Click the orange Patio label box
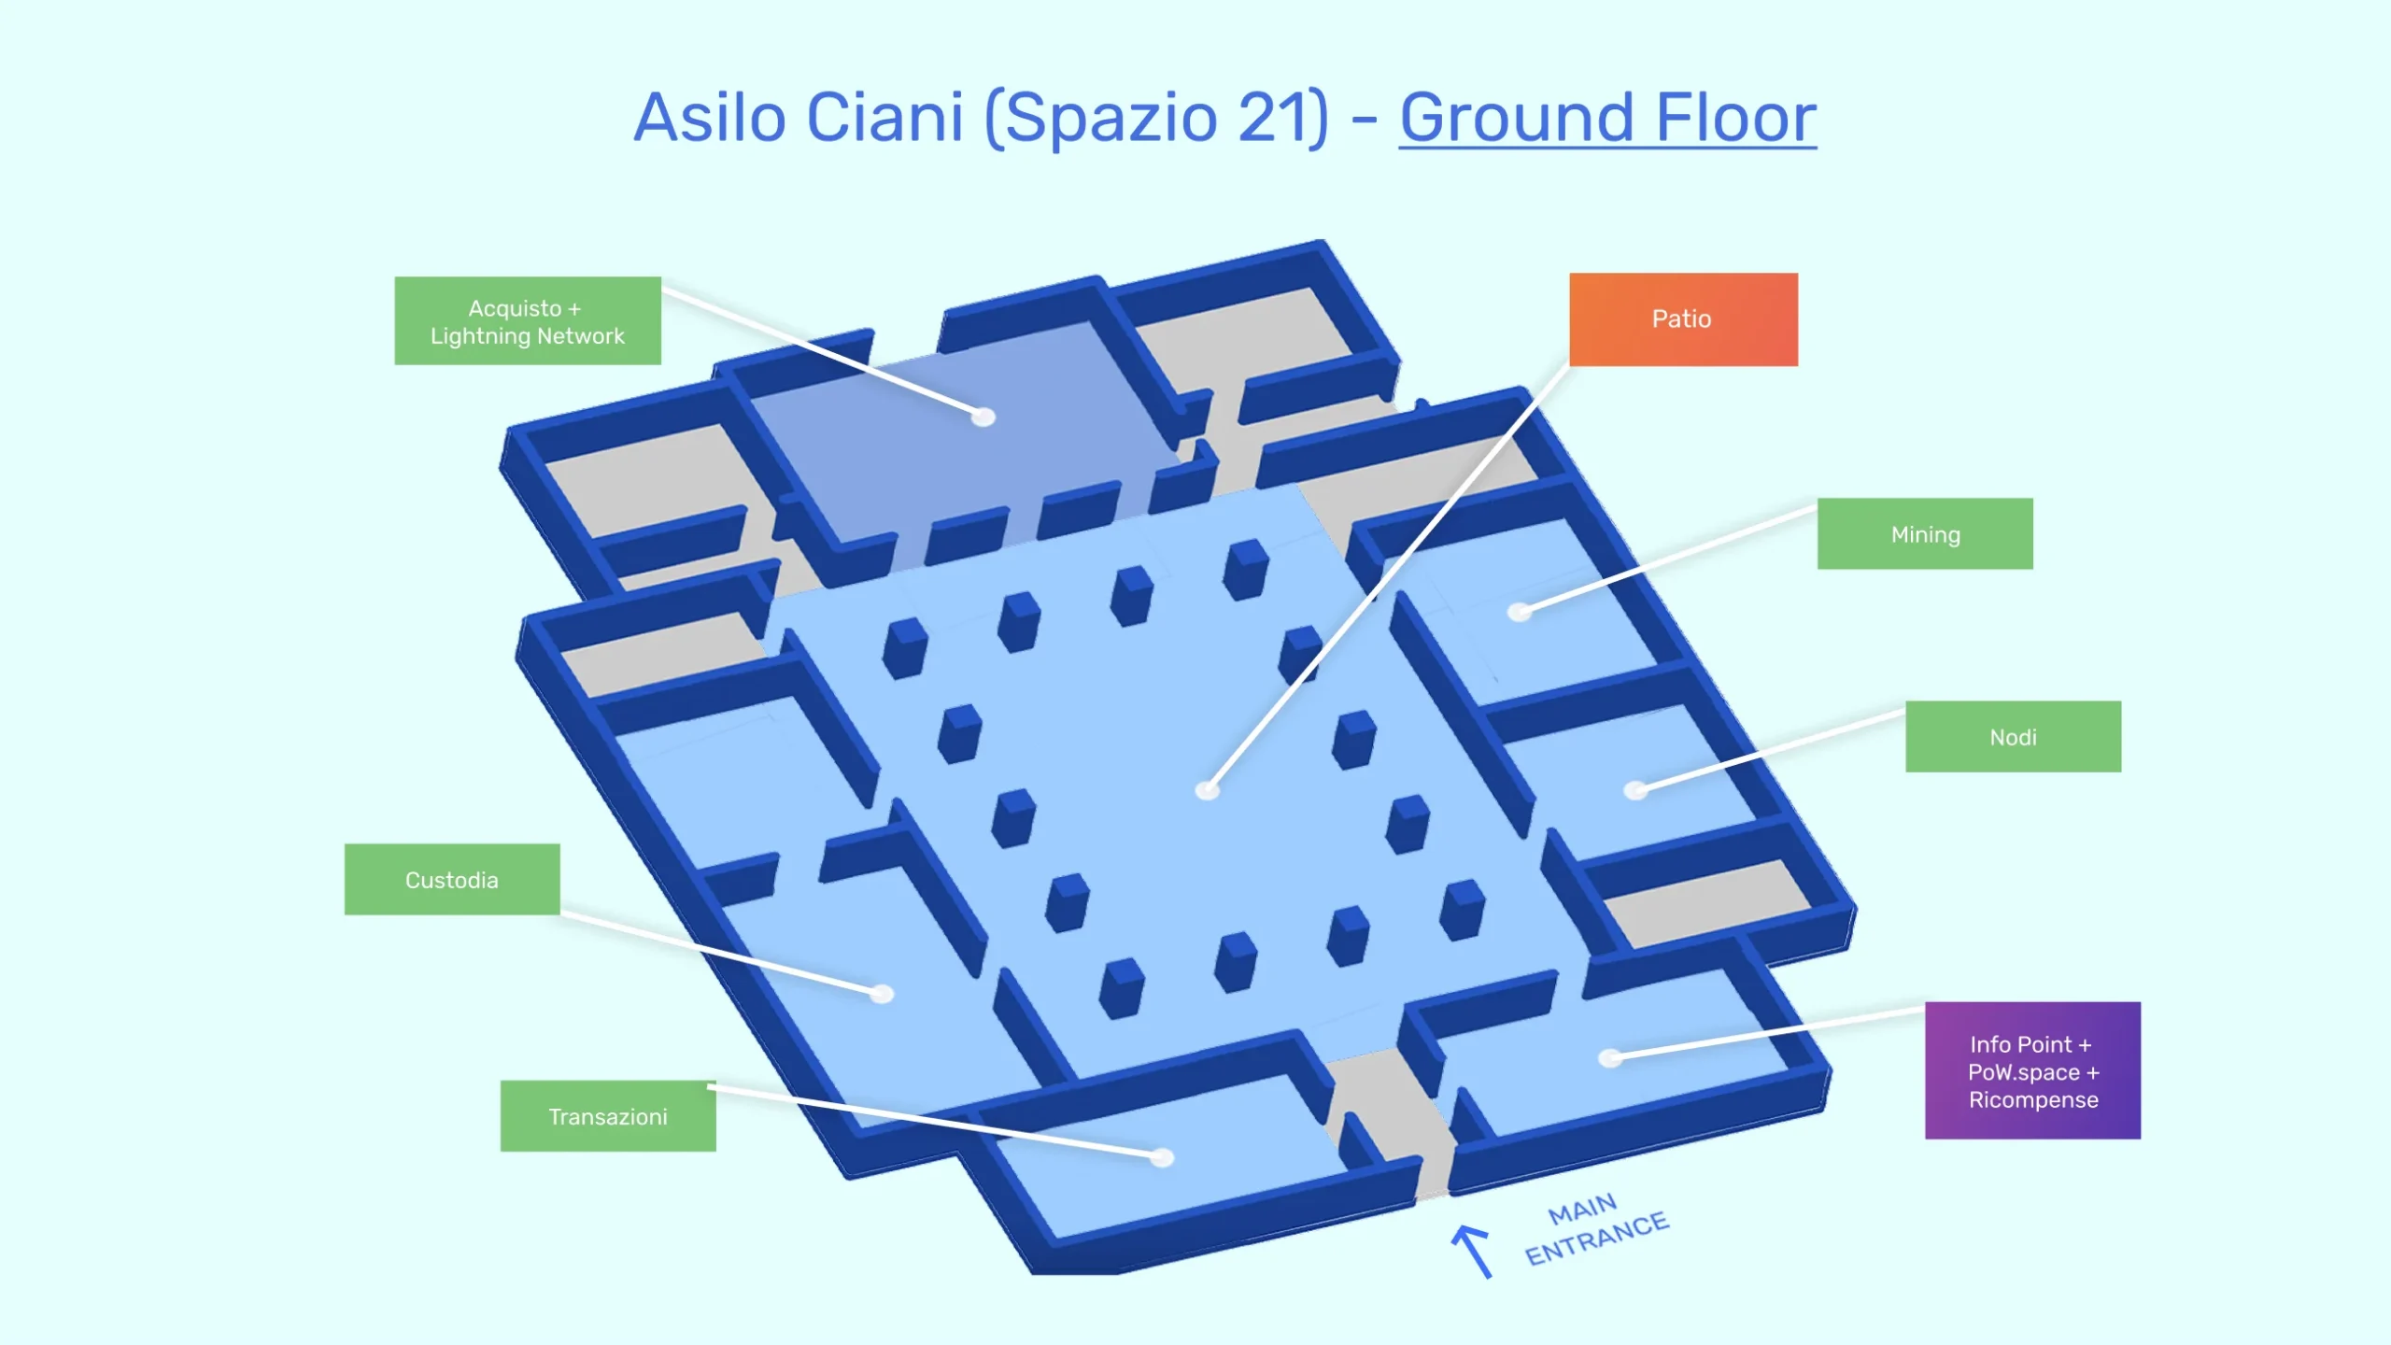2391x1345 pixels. (x=1683, y=319)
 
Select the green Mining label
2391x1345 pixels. (x=1925, y=534)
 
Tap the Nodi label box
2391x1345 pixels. (x=2013, y=737)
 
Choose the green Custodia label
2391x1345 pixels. (x=452, y=880)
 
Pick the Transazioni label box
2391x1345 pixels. (x=608, y=1116)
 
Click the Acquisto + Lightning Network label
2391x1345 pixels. (x=528, y=321)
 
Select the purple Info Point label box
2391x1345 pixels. (x=2032, y=1071)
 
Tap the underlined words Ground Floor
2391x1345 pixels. (x=1607, y=118)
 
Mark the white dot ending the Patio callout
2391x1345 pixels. (x=1208, y=791)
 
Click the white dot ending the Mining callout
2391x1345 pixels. (x=1521, y=613)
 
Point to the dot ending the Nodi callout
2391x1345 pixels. (x=1635, y=790)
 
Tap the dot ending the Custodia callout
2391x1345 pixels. (x=882, y=994)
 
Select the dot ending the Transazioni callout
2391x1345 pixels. (x=1162, y=1158)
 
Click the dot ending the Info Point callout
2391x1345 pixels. (x=1610, y=1058)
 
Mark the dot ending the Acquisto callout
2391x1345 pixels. (x=983, y=417)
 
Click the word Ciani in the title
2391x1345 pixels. (x=884, y=118)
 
